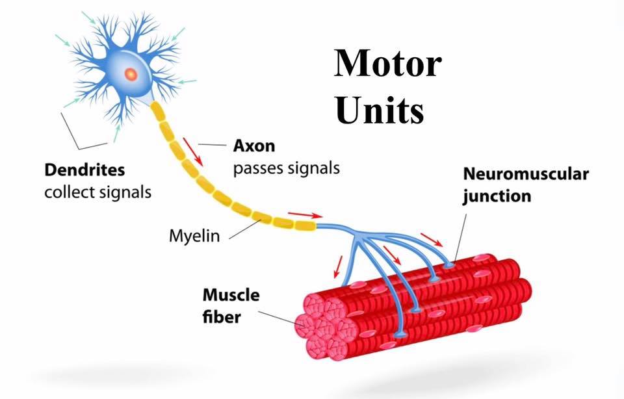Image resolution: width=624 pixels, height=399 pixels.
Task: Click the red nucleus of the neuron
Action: pos(131,74)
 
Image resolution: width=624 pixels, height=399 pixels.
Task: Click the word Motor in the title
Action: pos(387,64)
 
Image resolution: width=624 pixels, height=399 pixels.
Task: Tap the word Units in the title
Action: pos(379,109)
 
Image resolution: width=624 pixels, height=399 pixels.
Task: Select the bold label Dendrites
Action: pos(84,170)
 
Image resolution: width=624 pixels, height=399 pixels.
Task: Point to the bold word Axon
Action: pos(254,146)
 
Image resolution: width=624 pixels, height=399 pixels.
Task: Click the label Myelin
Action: pos(194,236)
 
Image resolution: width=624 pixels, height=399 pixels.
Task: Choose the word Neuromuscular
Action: pos(526,174)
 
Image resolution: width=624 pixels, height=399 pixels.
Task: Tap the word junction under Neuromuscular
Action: pos(497,197)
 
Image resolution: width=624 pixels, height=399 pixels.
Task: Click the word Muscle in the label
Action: pos(231,295)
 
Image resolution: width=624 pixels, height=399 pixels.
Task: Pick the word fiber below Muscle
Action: pos(222,317)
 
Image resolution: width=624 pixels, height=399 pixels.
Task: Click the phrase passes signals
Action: pos(286,169)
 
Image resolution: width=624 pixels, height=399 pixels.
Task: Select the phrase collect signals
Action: pos(98,192)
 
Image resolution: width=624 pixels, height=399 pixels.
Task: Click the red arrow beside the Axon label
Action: pos(192,152)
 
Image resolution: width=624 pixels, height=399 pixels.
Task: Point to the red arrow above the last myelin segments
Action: pos(305,215)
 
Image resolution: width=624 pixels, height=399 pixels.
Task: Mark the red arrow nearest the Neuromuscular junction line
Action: pos(432,240)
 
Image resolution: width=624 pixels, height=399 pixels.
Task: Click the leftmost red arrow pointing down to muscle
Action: pos(337,266)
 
